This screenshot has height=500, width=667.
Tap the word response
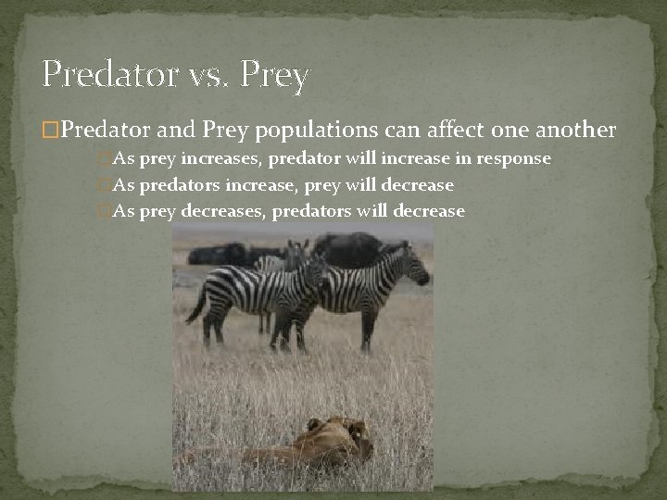[514, 159]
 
